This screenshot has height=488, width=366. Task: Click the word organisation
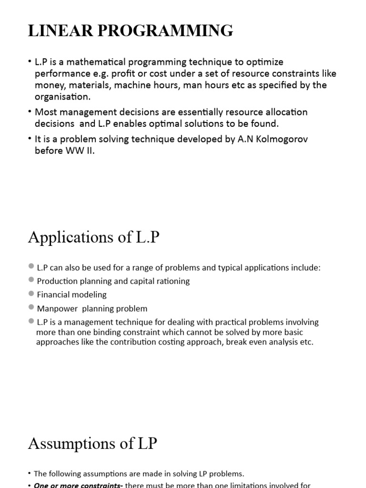click(62, 97)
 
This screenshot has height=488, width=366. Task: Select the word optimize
click(265, 62)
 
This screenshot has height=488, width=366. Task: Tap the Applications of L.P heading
click(93, 237)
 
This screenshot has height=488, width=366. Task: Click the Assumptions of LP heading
click(92, 444)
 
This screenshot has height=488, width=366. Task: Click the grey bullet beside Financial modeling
click(31, 294)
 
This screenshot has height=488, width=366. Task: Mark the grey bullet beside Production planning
click(31, 280)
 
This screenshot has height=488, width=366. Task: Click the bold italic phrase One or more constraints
click(77, 485)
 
